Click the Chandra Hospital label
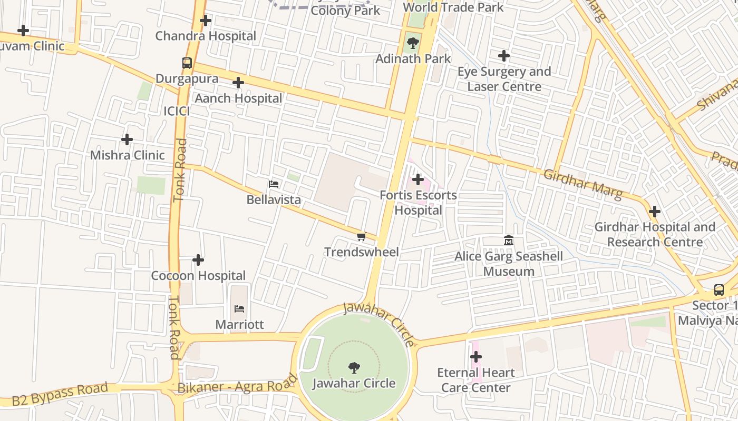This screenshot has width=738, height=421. point(206,36)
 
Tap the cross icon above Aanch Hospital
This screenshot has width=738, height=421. point(238,83)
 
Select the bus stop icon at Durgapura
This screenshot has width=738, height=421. point(187,63)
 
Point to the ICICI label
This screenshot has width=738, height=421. point(176,111)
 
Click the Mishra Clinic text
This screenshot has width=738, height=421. point(127,155)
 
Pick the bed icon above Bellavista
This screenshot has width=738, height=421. point(274,184)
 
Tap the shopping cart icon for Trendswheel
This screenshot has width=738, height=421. point(361,237)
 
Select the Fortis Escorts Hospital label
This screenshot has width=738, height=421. point(418,203)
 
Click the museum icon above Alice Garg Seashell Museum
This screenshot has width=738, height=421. point(509,241)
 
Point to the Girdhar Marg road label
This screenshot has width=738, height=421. point(582,184)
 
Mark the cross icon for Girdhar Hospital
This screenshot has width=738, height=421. point(655,212)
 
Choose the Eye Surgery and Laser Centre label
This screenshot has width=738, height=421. point(504,79)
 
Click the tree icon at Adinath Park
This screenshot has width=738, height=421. point(413,43)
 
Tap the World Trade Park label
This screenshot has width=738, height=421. point(453,7)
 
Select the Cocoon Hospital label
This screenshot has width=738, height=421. point(198,276)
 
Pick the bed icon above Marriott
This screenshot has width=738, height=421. point(239,308)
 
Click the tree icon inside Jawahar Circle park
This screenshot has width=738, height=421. point(354,367)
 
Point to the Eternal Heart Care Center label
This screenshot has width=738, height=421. point(475,380)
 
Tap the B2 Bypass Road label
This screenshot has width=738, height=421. point(60,395)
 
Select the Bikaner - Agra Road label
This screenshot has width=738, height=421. point(238,384)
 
